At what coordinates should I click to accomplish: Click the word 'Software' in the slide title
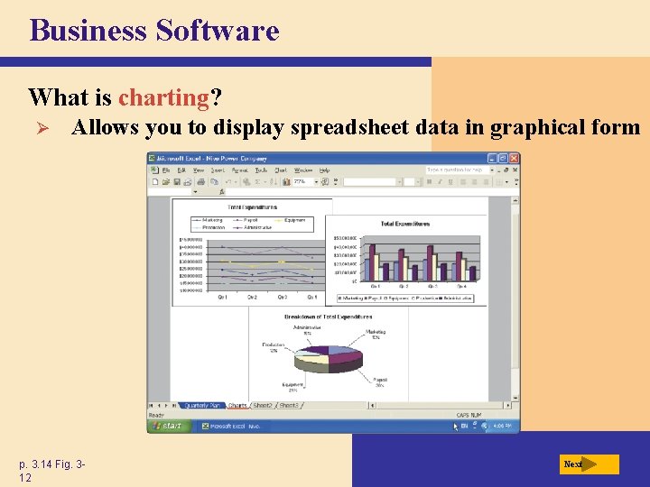pyautogui.click(x=217, y=31)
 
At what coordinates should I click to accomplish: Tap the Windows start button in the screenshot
pyautogui.click(x=169, y=426)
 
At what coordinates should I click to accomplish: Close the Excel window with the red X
pyautogui.click(x=515, y=159)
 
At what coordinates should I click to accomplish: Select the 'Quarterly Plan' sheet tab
pyautogui.click(x=203, y=406)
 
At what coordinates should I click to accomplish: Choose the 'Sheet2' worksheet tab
pyautogui.click(x=263, y=406)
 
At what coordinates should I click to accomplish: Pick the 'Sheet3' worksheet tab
pyautogui.click(x=288, y=406)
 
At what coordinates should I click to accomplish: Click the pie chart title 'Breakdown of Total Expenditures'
pyautogui.click(x=328, y=317)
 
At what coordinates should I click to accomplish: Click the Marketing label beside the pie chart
pyautogui.click(x=375, y=335)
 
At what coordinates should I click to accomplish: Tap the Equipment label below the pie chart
pyautogui.click(x=292, y=387)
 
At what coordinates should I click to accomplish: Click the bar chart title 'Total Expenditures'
pyautogui.click(x=404, y=224)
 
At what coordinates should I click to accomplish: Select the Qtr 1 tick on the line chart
pyautogui.click(x=222, y=297)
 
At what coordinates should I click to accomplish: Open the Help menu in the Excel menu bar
pyautogui.click(x=324, y=170)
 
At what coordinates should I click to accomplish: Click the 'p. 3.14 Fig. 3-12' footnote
pyautogui.click(x=52, y=471)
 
